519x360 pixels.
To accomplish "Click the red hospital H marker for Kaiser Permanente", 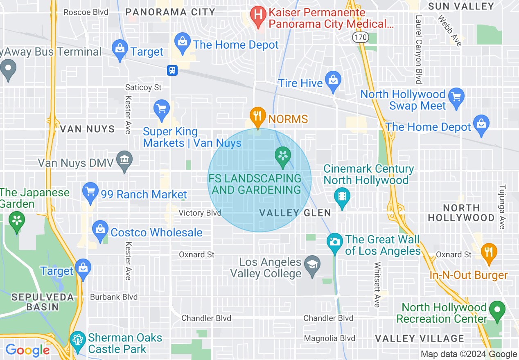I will (x=258, y=16).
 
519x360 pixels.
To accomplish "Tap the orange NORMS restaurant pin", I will (x=257, y=116).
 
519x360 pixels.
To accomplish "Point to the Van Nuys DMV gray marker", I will (x=124, y=160).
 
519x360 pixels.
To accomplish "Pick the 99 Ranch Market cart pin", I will (x=90, y=192).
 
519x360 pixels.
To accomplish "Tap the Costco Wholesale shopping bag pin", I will (x=100, y=230).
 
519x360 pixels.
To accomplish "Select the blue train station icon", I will (x=172, y=70).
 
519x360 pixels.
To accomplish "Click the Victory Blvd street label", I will (x=200, y=213).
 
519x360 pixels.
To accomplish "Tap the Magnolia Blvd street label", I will (x=329, y=338).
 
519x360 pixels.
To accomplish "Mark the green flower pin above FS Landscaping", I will (x=282, y=156).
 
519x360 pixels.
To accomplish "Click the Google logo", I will (x=27, y=350).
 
